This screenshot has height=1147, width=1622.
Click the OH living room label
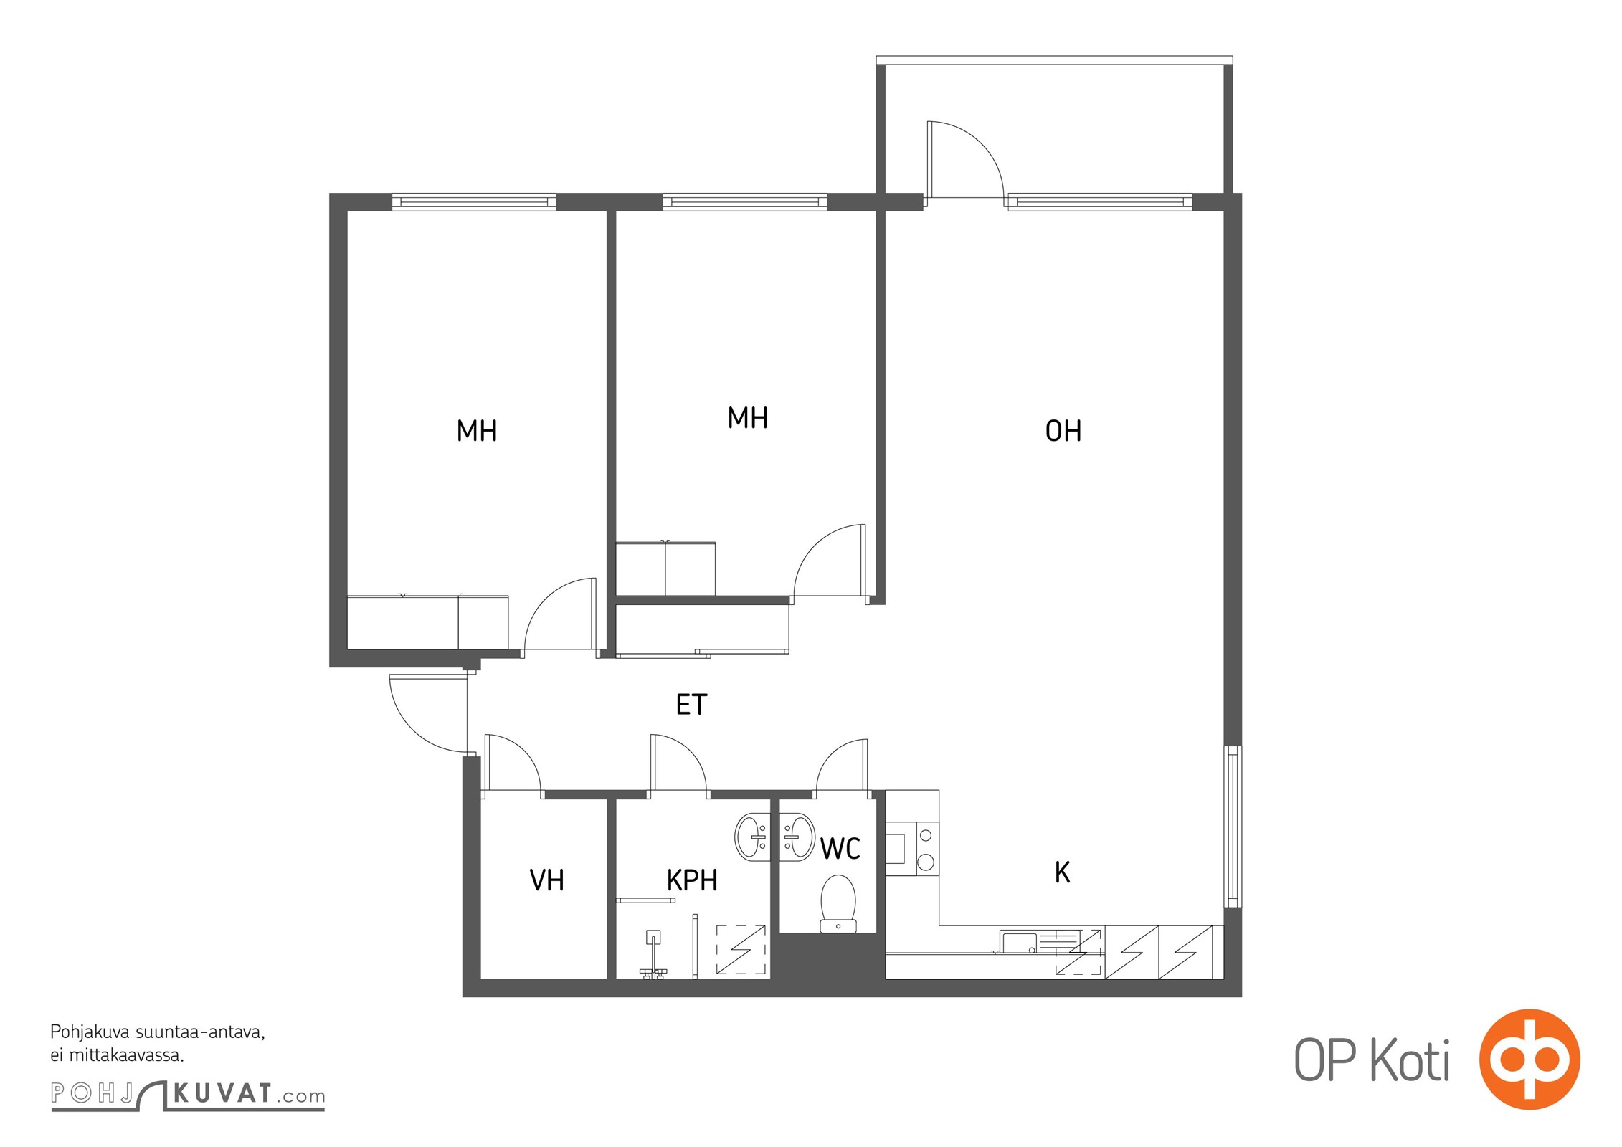tap(1063, 431)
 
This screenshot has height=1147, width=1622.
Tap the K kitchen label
tap(1062, 872)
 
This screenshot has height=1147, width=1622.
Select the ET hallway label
tap(691, 705)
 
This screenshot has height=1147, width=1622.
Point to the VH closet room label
tap(546, 880)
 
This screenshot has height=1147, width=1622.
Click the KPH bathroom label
tap(692, 880)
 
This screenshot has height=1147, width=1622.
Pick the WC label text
tap(840, 849)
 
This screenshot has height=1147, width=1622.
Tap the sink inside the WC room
tap(796, 836)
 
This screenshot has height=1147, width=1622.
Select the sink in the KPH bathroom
tap(753, 836)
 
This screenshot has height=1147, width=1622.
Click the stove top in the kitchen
tap(926, 849)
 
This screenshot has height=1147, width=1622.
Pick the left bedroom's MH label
tap(477, 431)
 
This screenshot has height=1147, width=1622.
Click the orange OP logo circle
tap(1529, 1060)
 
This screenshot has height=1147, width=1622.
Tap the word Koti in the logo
tap(1410, 1060)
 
